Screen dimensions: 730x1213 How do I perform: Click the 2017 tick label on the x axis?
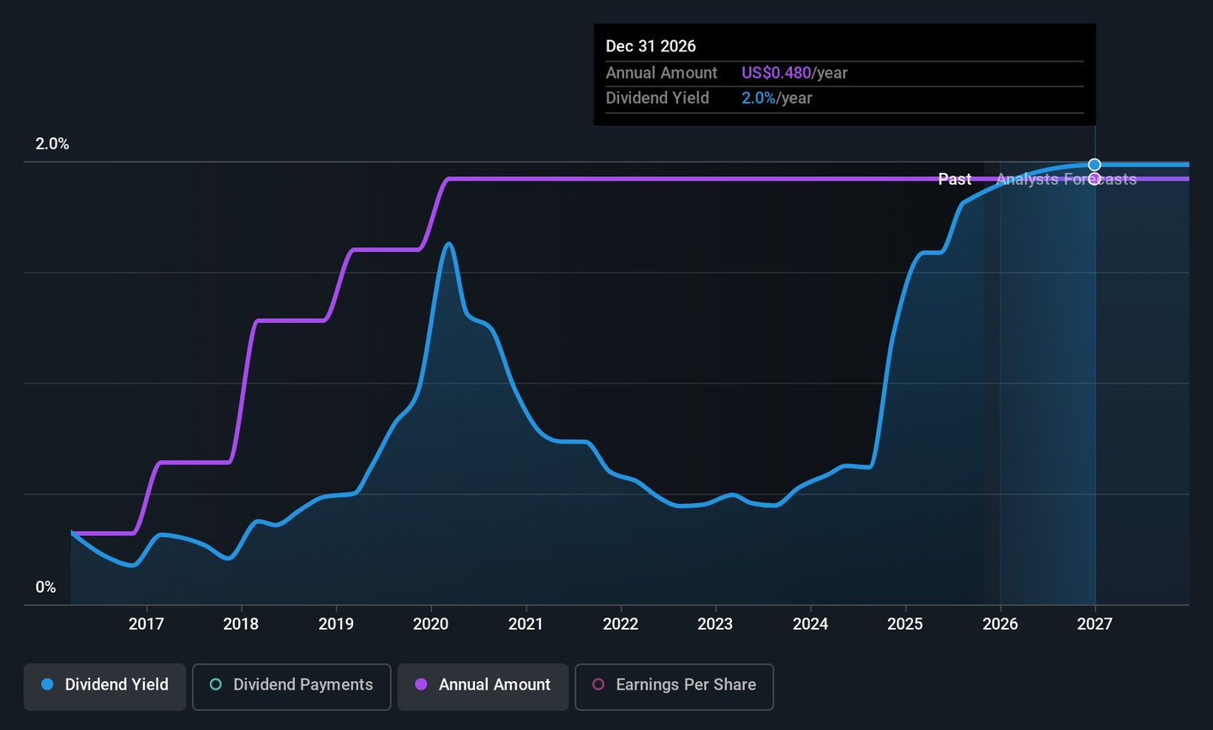point(146,624)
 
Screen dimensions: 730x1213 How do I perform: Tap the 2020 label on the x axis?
point(430,624)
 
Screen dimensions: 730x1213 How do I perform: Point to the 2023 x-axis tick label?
point(715,624)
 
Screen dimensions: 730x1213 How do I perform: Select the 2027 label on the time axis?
point(1094,624)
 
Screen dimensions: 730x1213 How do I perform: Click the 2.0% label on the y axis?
point(52,144)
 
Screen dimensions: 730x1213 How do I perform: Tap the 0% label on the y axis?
point(45,588)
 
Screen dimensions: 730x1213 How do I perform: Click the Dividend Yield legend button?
point(104,685)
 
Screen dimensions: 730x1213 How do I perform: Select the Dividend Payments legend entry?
point(291,685)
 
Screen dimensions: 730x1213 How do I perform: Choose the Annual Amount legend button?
point(483,685)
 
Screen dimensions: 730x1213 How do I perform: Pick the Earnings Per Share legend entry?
point(674,685)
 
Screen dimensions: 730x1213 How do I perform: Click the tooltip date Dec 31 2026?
point(650,46)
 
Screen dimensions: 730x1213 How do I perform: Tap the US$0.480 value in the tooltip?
point(776,73)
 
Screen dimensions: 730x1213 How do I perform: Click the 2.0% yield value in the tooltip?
point(758,99)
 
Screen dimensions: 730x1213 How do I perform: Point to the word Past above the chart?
point(954,180)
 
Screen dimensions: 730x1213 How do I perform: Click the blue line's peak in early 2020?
point(449,244)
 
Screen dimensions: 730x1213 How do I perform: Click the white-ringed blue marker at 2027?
point(1094,165)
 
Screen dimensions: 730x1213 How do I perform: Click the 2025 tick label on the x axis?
point(905,624)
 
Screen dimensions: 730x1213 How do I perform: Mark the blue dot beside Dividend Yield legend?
point(47,684)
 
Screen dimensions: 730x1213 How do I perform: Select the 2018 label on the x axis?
point(241,624)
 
